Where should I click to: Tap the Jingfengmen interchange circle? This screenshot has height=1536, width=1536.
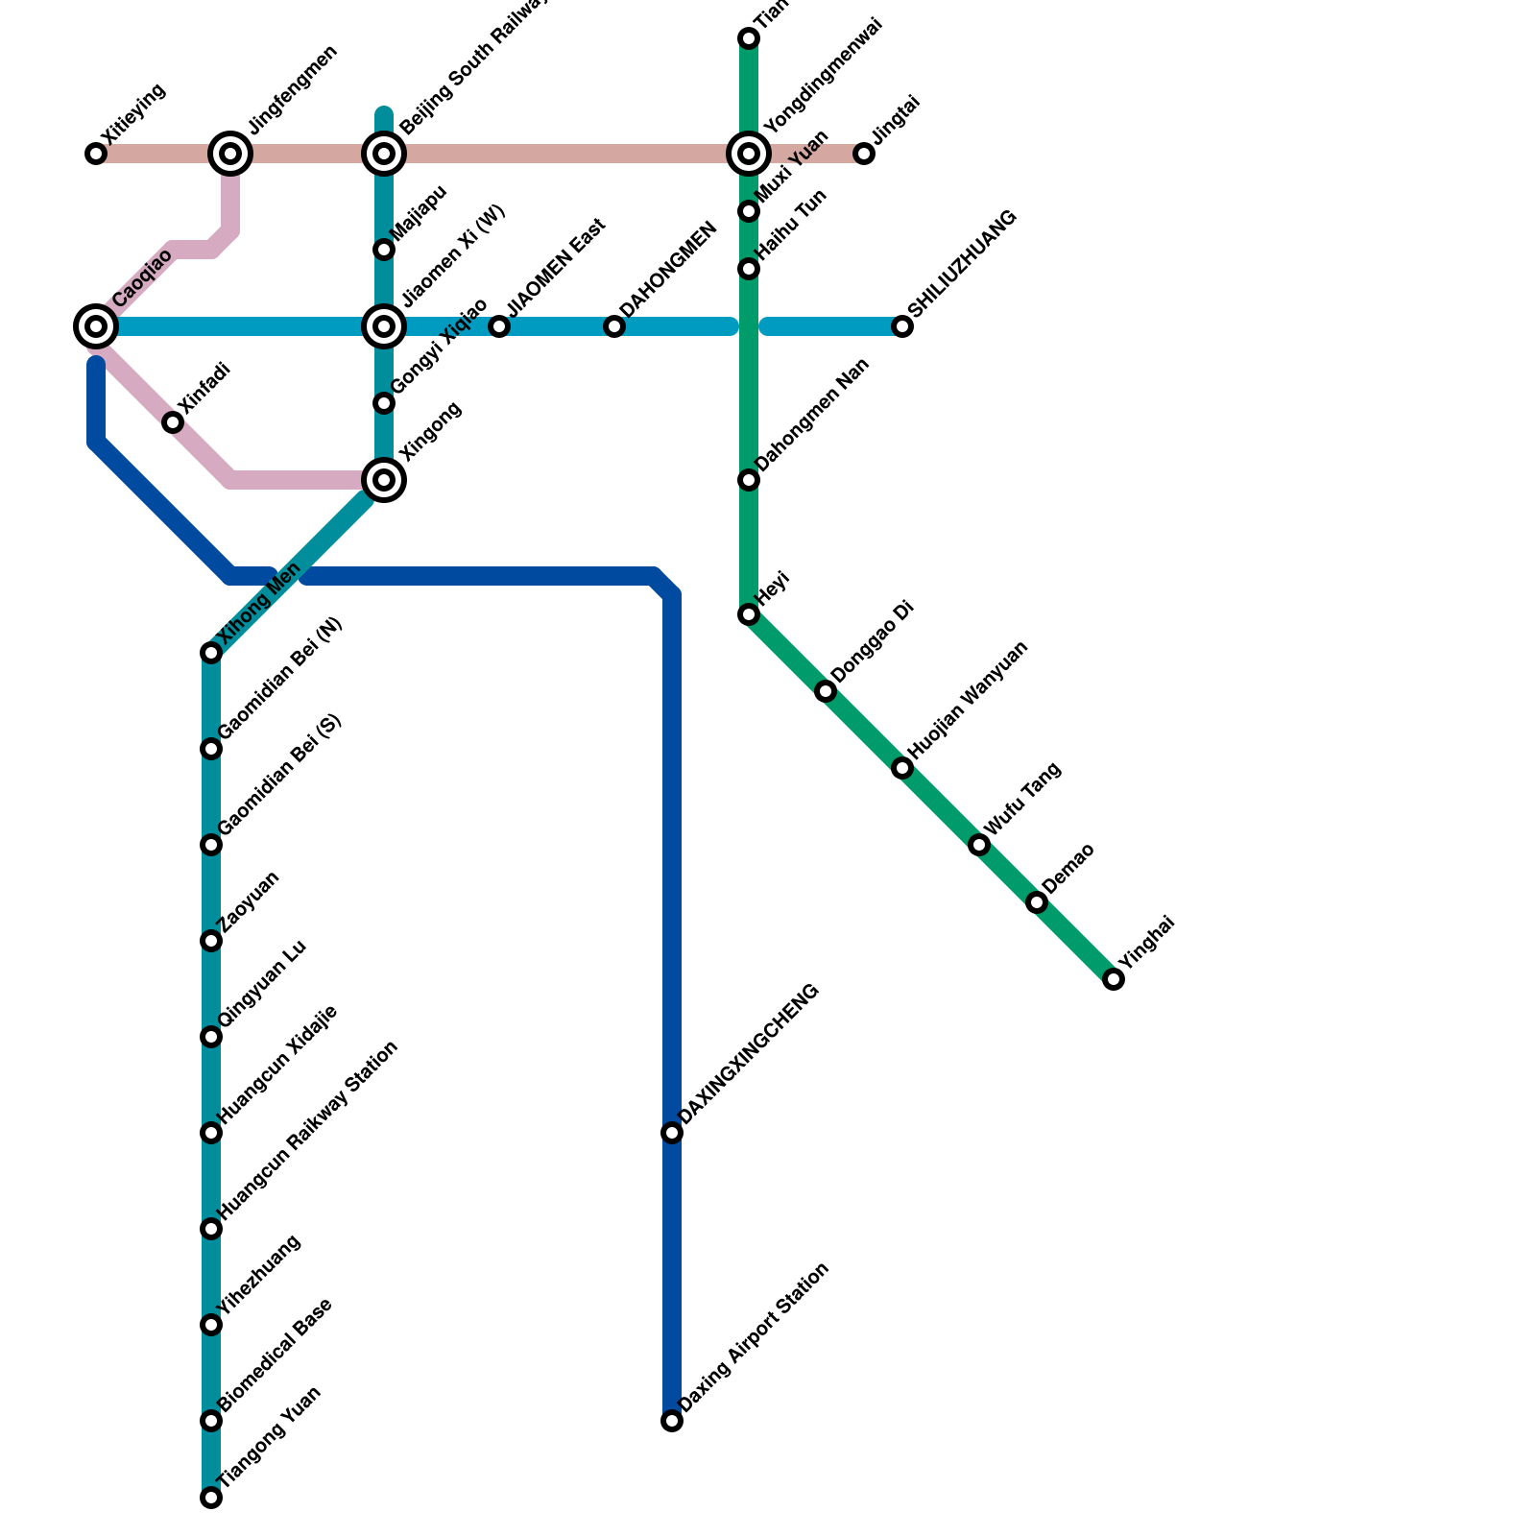pyautogui.click(x=230, y=154)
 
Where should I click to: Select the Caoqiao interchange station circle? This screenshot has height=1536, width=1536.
pyautogui.click(x=96, y=326)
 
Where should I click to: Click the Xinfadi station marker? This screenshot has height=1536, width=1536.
pyautogui.click(x=173, y=422)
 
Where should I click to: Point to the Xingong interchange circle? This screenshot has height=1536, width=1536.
pyautogui.click(x=384, y=480)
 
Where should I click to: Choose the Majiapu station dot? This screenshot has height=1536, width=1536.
pyautogui.click(x=384, y=250)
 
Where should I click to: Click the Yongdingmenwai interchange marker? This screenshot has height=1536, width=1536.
pyautogui.click(x=749, y=154)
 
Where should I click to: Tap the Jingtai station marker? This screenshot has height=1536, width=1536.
pyautogui.click(x=864, y=154)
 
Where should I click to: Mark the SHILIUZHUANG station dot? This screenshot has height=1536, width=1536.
pyautogui.click(x=902, y=326)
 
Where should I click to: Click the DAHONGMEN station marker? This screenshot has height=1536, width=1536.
pyautogui.click(x=614, y=326)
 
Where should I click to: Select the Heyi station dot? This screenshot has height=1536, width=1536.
pyautogui.click(x=749, y=614)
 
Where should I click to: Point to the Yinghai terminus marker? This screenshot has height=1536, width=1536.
pyautogui.click(x=1114, y=979)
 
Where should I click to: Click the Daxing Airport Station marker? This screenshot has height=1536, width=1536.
pyautogui.click(x=672, y=1421)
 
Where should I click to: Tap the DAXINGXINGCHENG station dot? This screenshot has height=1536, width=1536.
pyautogui.click(x=672, y=1133)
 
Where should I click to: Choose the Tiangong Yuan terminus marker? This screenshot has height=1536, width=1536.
pyautogui.click(x=211, y=1498)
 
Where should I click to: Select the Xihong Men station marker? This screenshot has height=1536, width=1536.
pyautogui.click(x=211, y=653)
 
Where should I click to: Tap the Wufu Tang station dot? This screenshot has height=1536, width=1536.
pyautogui.click(x=979, y=845)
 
